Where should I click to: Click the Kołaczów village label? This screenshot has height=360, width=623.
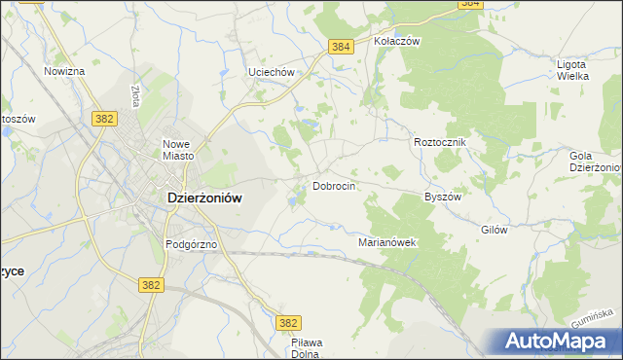[396, 42]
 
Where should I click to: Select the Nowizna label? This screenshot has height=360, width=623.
[65, 71]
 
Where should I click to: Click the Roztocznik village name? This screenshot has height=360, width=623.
[441, 142]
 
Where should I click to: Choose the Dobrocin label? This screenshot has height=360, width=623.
[333, 185]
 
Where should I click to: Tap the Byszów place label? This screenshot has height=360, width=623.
[442, 196]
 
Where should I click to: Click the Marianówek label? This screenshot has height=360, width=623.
[387, 242]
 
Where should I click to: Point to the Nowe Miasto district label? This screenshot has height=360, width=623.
[179, 150]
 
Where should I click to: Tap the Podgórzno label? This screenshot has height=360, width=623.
[190, 245]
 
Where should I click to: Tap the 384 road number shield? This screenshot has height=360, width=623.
[340, 47]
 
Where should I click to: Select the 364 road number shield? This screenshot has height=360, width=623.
[471, 4]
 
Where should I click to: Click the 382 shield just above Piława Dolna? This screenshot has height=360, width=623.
[288, 322]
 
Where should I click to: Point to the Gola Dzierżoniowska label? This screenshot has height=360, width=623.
[596, 162]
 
